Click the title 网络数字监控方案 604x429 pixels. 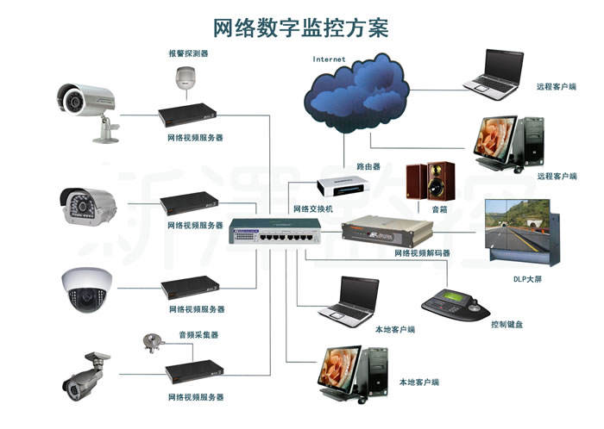[x=301, y=28]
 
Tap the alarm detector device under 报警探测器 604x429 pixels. [x=186, y=78]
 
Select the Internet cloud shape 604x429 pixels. [x=356, y=94]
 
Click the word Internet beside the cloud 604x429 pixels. [x=329, y=59]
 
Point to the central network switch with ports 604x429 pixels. [x=274, y=231]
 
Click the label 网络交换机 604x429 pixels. [x=312, y=208]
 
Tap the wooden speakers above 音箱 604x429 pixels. [x=431, y=181]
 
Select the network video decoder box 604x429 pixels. [x=387, y=232]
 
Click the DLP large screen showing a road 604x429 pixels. [x=522, y=231]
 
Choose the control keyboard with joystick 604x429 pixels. [x=456, y=305]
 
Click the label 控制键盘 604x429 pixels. [x=507, y=325]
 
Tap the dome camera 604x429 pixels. [x=86, y=289]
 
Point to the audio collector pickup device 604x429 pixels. [x=153, y=343]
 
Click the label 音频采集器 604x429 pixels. [x=198, y=335]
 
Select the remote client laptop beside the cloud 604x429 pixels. [x=494, y=75]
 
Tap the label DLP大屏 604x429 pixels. [x=528, y=279]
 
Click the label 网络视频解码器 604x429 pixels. [x=422, y=253]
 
